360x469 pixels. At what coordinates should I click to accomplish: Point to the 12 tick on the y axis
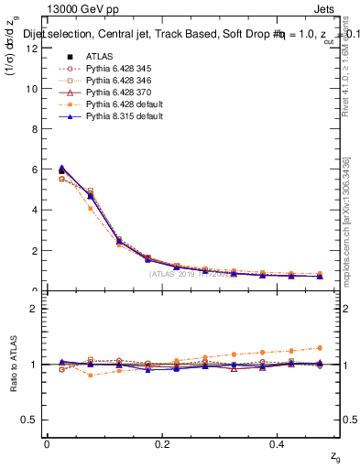click(x=34, y=49)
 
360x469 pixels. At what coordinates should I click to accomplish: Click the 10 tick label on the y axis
click(x=34, y=89)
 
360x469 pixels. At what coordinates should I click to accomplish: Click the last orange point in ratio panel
click(x=319, y=348)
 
